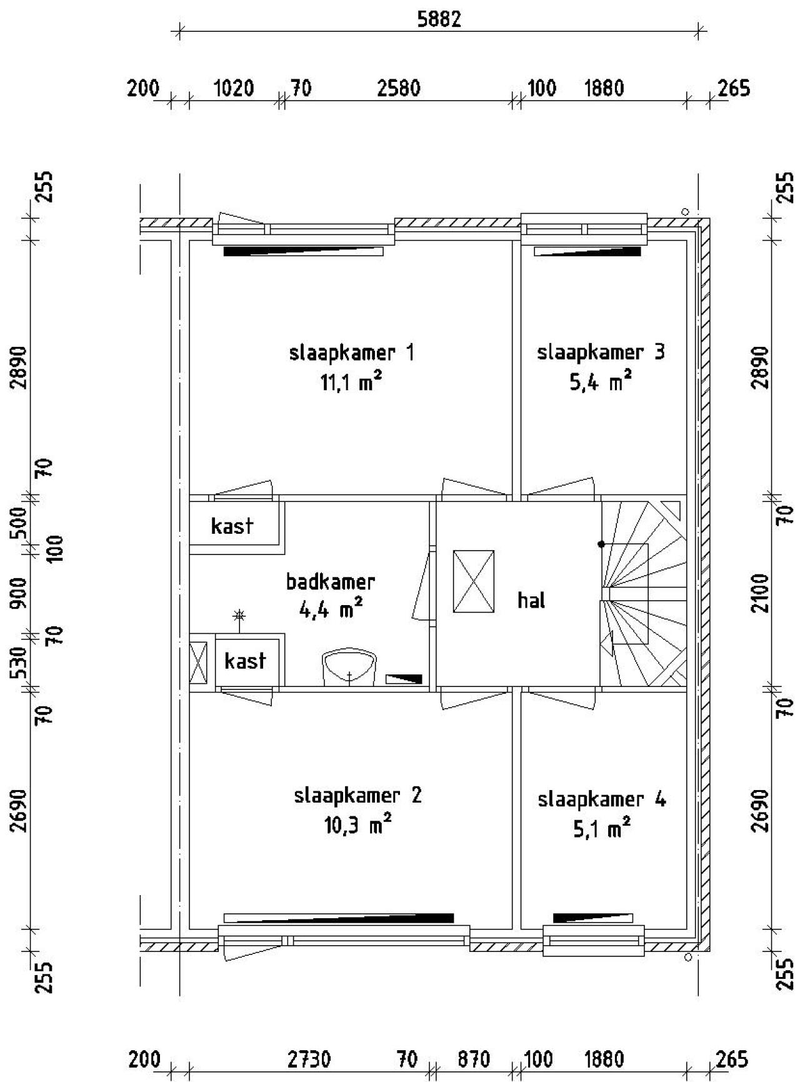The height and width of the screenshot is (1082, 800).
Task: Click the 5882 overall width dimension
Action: point(439,19)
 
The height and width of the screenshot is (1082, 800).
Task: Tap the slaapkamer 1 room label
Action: point(351,353)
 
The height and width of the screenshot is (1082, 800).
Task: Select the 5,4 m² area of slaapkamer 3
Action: point(600,381)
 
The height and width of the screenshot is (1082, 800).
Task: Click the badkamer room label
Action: point(330,582)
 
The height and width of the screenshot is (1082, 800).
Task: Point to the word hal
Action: point(531,601)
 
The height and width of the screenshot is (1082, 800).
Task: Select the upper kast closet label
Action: point(232,526)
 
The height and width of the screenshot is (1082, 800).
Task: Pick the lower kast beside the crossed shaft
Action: point(245,661)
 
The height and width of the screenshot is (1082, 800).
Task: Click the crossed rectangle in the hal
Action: point(473,581)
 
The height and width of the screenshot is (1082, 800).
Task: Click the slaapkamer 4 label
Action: point(601,799)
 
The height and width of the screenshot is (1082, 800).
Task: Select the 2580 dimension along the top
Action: point(399,88)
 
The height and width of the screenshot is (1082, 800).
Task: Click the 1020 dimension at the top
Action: point(234,88)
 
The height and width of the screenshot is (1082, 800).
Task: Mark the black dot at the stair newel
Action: point(601,544)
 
